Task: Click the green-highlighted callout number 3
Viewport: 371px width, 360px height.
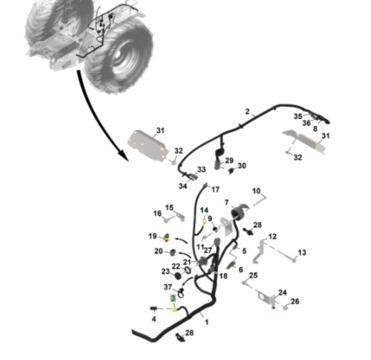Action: pos(173,298)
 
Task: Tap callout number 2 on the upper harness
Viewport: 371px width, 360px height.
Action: pos(248,112)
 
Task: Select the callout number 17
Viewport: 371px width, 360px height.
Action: pos(215,189)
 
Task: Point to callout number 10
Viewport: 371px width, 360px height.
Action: pos(256,191)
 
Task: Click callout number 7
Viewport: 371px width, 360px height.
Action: pos(226,203)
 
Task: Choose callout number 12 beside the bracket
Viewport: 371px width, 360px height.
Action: pos(273,237)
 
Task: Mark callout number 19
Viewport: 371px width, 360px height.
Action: pos(153,236)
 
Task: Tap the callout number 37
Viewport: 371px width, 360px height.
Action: pos(168,287)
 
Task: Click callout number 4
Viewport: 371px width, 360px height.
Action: pos(154,319)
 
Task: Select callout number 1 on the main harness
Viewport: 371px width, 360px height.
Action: pos(207,322)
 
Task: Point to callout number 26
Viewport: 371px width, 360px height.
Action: pos(295,302)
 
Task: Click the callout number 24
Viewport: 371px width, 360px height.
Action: pos(282,292)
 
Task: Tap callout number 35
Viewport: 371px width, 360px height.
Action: pos(298,116)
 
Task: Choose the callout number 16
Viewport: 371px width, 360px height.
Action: pos(157,213)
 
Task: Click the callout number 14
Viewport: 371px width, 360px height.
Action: pos(204,210)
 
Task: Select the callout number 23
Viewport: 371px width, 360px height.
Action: pos(165,271)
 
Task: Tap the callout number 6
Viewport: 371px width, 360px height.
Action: pos(240,269)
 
